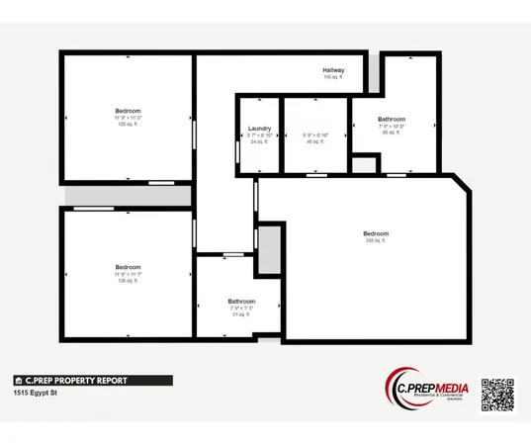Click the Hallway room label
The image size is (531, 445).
pos(333,70)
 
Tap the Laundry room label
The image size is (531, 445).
pos(259,129)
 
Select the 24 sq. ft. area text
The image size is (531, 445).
pos(259,142)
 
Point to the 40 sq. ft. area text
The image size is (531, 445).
pos(314,142)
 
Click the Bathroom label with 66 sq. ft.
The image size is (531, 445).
pos(392,120)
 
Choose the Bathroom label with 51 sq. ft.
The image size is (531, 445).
pos(241,301)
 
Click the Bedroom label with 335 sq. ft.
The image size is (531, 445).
pos(377,233)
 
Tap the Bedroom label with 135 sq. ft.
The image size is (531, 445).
pos(128,110)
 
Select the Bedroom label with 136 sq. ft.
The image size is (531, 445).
pos(128,267)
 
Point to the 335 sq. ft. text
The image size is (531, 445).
pos(376,240)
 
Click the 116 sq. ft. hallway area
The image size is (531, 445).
pos(333,77)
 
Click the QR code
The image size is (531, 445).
pos(498,396)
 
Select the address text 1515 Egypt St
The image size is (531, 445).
pos(37,393)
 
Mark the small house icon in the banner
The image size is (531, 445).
pos(18,380)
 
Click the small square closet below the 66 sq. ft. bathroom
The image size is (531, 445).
pos(366,165)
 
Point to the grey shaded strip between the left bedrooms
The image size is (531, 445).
pos(128,196)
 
